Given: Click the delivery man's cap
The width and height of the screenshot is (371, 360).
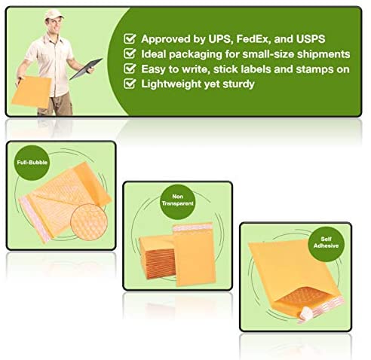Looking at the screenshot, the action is coord(54,14).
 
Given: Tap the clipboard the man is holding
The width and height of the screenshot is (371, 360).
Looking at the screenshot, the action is coord(86,69).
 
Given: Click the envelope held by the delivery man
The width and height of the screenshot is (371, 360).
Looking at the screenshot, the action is coord(32,92).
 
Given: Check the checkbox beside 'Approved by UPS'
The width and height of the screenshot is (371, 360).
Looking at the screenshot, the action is coord(130,38).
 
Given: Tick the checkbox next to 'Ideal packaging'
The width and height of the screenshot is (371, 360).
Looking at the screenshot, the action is coord(130,53).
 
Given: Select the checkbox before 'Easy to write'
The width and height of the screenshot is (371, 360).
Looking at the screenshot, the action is coord(130,69).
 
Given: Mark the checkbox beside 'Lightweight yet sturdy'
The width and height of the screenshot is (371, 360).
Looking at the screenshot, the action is coord(130,84).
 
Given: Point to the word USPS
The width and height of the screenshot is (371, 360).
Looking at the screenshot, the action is coord(311,39).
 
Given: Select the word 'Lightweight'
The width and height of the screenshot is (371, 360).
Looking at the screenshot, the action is coord(171,84).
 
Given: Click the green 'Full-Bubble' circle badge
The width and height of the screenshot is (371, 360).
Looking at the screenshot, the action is coord(32,163).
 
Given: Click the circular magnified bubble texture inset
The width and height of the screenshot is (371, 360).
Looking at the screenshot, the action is coord(89,222).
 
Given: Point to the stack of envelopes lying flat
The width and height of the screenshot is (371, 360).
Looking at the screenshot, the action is coord(157,258).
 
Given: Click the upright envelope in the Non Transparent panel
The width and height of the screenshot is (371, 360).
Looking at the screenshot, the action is coord(194,255).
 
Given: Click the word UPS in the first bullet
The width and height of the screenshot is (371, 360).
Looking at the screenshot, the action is coord(219,39).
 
